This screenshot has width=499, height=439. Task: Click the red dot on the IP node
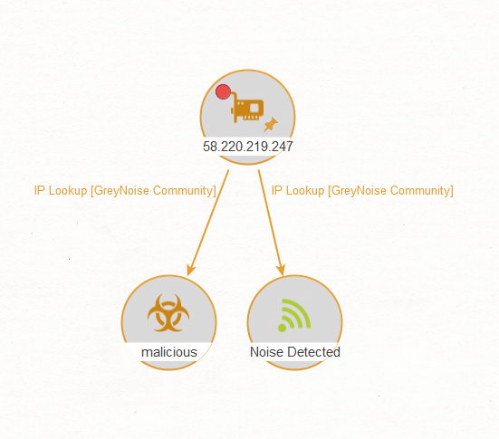(223, 92)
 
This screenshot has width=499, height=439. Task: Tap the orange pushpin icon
(271, 124)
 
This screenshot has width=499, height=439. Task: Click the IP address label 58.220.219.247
(248, 147)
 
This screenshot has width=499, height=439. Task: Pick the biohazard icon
(168, 313)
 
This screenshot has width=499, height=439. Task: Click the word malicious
(169, 352)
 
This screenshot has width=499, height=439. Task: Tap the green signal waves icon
(294, 315)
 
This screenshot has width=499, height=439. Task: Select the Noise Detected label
(295, 352)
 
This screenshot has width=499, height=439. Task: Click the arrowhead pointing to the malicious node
(191, 270)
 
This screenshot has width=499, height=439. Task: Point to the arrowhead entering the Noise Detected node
(281, 270)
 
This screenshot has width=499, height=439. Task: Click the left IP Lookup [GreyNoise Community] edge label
(125, 191)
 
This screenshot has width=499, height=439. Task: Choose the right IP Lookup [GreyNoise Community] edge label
(362, 191)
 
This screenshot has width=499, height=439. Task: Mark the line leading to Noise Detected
(270, 220)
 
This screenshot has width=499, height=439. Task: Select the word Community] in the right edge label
(422, 191)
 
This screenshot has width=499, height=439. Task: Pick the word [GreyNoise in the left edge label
(120, 191)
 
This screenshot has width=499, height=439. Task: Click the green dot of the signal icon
(282, 328)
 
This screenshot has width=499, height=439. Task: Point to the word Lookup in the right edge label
(305, 191)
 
